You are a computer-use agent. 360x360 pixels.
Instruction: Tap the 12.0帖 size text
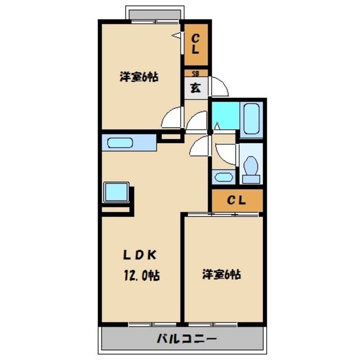click(141, 276)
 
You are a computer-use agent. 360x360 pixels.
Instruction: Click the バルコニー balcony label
click(187, 339)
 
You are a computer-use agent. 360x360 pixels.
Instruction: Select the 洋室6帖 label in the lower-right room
click(221, 275)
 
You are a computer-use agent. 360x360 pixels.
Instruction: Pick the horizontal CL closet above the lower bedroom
click(236, 201)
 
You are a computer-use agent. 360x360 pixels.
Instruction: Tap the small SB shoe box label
click(195, 73)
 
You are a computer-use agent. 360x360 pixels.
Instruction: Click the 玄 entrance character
click(195, 88)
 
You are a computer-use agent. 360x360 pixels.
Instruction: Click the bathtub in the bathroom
click(251, 118)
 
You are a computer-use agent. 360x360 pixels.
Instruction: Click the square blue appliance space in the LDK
click(116, 192)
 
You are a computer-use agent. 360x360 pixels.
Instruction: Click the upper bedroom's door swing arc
click(172, 118)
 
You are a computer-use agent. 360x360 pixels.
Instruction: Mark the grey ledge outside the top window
click(155, 14)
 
